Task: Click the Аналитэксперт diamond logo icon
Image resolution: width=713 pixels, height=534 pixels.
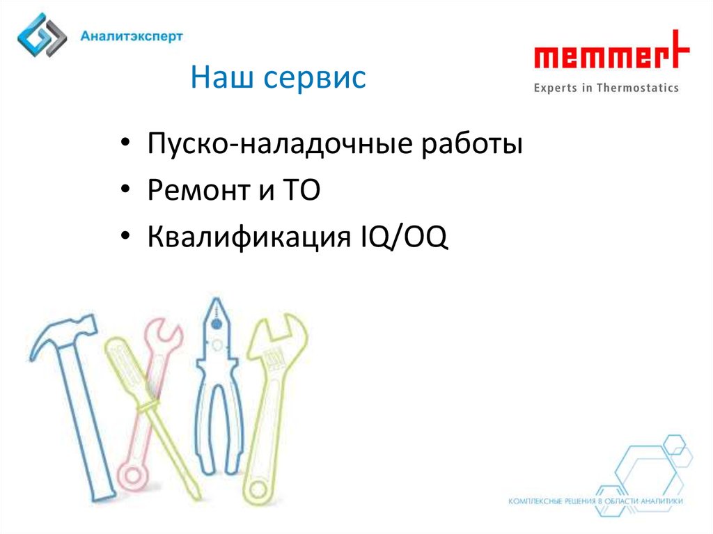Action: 42,35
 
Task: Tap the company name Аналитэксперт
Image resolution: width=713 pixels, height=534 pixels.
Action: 132,36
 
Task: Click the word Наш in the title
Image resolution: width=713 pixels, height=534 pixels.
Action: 222,77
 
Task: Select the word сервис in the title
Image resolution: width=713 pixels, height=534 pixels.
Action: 315,79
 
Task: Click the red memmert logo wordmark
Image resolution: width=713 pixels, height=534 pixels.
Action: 611,50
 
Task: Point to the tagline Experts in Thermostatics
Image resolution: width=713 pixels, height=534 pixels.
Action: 606,88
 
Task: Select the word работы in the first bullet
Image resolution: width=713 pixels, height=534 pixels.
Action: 472,144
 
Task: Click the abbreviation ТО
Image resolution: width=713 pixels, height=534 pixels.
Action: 301,189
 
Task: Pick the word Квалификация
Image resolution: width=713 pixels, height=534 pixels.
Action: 249,237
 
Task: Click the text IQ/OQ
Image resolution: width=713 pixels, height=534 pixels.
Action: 405,237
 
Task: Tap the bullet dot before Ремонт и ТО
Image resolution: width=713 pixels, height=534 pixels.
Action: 125,189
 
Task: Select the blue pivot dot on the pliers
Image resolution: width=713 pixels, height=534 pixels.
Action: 217,324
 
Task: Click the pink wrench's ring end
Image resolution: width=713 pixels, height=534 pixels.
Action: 132,476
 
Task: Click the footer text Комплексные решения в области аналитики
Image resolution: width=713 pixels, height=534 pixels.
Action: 595,501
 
